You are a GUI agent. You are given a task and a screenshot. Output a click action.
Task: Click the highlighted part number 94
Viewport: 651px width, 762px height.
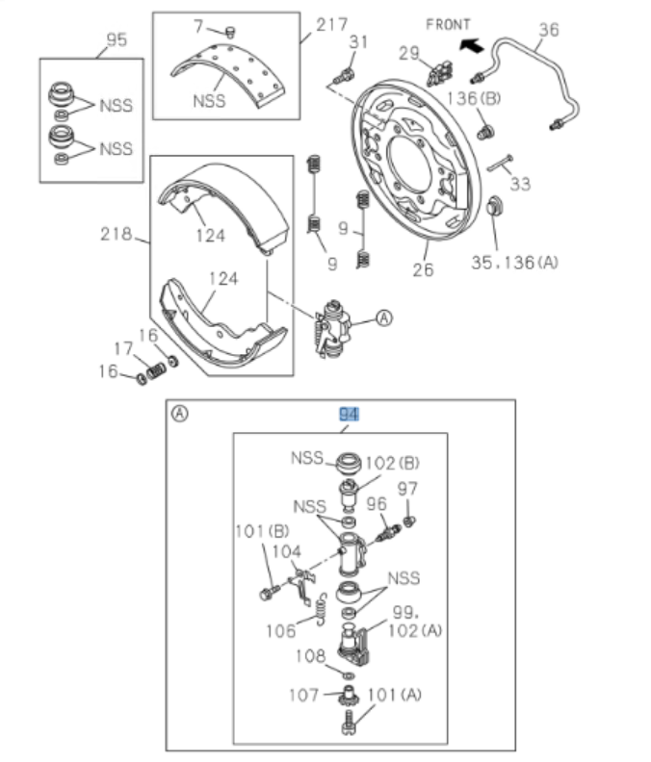(348, 415)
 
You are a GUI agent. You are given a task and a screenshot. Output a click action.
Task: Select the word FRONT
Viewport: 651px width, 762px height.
(448, 23)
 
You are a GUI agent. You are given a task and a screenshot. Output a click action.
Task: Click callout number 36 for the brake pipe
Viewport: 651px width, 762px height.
(547, 30)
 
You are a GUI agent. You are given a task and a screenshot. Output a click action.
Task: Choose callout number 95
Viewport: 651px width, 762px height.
(116, 40)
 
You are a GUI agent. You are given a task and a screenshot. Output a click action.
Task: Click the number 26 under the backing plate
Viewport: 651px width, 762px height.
(423, 271)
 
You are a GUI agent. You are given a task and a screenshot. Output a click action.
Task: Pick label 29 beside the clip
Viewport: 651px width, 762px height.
(408, 53)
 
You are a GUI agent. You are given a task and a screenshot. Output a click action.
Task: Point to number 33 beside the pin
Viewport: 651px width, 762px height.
(520, 184)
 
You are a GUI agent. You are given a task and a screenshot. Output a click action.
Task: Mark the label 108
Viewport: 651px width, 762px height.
(310, 657)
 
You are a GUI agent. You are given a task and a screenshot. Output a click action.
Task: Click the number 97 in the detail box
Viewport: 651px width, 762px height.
(407, 488)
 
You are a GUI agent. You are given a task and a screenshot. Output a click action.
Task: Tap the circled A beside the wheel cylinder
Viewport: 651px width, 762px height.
(383, 318)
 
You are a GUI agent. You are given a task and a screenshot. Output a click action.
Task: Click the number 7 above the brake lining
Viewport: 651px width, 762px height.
(198, 24)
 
